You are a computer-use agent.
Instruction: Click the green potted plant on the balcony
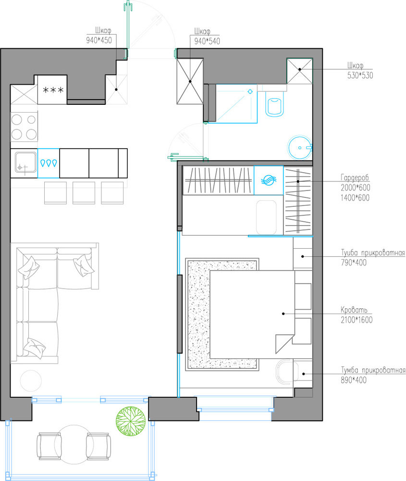(x=131, y=421)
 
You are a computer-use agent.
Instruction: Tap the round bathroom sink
(x=300, y=148)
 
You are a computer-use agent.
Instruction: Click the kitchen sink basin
(x=25, y=163)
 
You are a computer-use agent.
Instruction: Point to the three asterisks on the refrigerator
(x=53, y=90)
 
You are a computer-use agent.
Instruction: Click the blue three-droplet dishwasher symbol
(x=49, y=163)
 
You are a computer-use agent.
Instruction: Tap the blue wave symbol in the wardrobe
(x=269, y=180)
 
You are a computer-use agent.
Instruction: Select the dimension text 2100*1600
(x=357, y=320)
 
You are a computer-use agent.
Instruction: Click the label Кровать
(x=354, y=310)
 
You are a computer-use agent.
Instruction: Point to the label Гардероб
(x=355, y=177)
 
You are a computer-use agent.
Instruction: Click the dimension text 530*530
(x=360, y=76)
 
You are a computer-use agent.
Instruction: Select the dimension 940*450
(x=99, y=40)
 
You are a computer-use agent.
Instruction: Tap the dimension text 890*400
(x=354, y=380)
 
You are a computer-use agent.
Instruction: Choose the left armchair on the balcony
(x=49, y=446)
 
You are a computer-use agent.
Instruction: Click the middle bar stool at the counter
(x=84, y=193)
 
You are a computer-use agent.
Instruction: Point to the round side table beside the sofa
(x=31, y=380)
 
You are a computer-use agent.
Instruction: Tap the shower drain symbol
(x=250, y=91)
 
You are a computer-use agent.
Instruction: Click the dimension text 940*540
(x=207, y=41)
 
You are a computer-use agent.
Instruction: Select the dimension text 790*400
(x=354, y=263)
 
